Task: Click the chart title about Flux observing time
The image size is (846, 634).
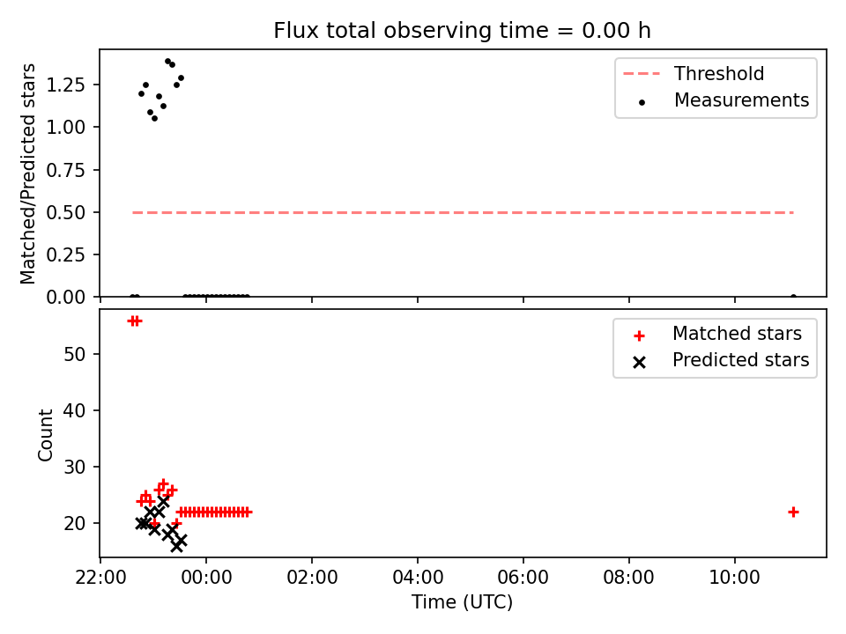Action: [462, 31]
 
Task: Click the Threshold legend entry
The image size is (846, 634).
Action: [694, 73]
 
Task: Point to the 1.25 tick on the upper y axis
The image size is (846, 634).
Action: [65, 85]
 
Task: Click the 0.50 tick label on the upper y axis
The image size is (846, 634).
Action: [65, 212]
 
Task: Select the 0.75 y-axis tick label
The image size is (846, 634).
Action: [65, 170]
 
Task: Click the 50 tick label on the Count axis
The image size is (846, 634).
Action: [74, 354]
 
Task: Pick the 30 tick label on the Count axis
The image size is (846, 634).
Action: [74, 467]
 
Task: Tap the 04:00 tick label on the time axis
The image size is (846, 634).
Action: [418, 578]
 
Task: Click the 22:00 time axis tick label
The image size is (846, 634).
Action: [100, 578]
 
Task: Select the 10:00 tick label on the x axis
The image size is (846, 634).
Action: [734, 578]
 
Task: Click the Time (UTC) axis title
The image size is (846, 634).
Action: [462, 601]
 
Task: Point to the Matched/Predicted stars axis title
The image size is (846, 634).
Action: [27, 173]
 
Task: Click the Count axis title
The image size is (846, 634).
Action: [45, 434]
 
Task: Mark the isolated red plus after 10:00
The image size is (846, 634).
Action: [793, 512]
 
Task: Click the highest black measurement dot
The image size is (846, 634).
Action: [167, 62]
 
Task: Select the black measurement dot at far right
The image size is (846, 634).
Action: [793, 297]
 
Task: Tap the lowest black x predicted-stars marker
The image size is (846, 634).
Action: [176, 546]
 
